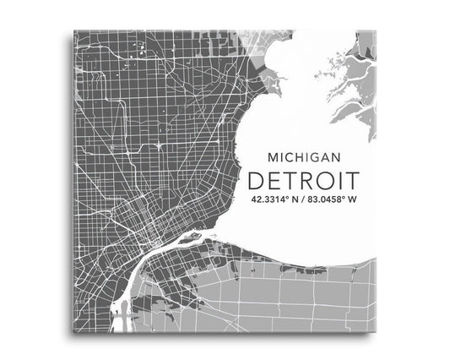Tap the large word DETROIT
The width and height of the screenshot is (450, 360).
(x=301, y=180)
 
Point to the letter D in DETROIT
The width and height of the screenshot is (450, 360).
(x=255, y=180)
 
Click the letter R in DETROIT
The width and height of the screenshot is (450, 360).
(x=308, y=180)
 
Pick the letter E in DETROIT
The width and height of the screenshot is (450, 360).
(x=273, y=180)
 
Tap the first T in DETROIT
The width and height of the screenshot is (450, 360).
(x=290, y=180)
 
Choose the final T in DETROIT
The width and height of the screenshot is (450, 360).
(x=350, y=180)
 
